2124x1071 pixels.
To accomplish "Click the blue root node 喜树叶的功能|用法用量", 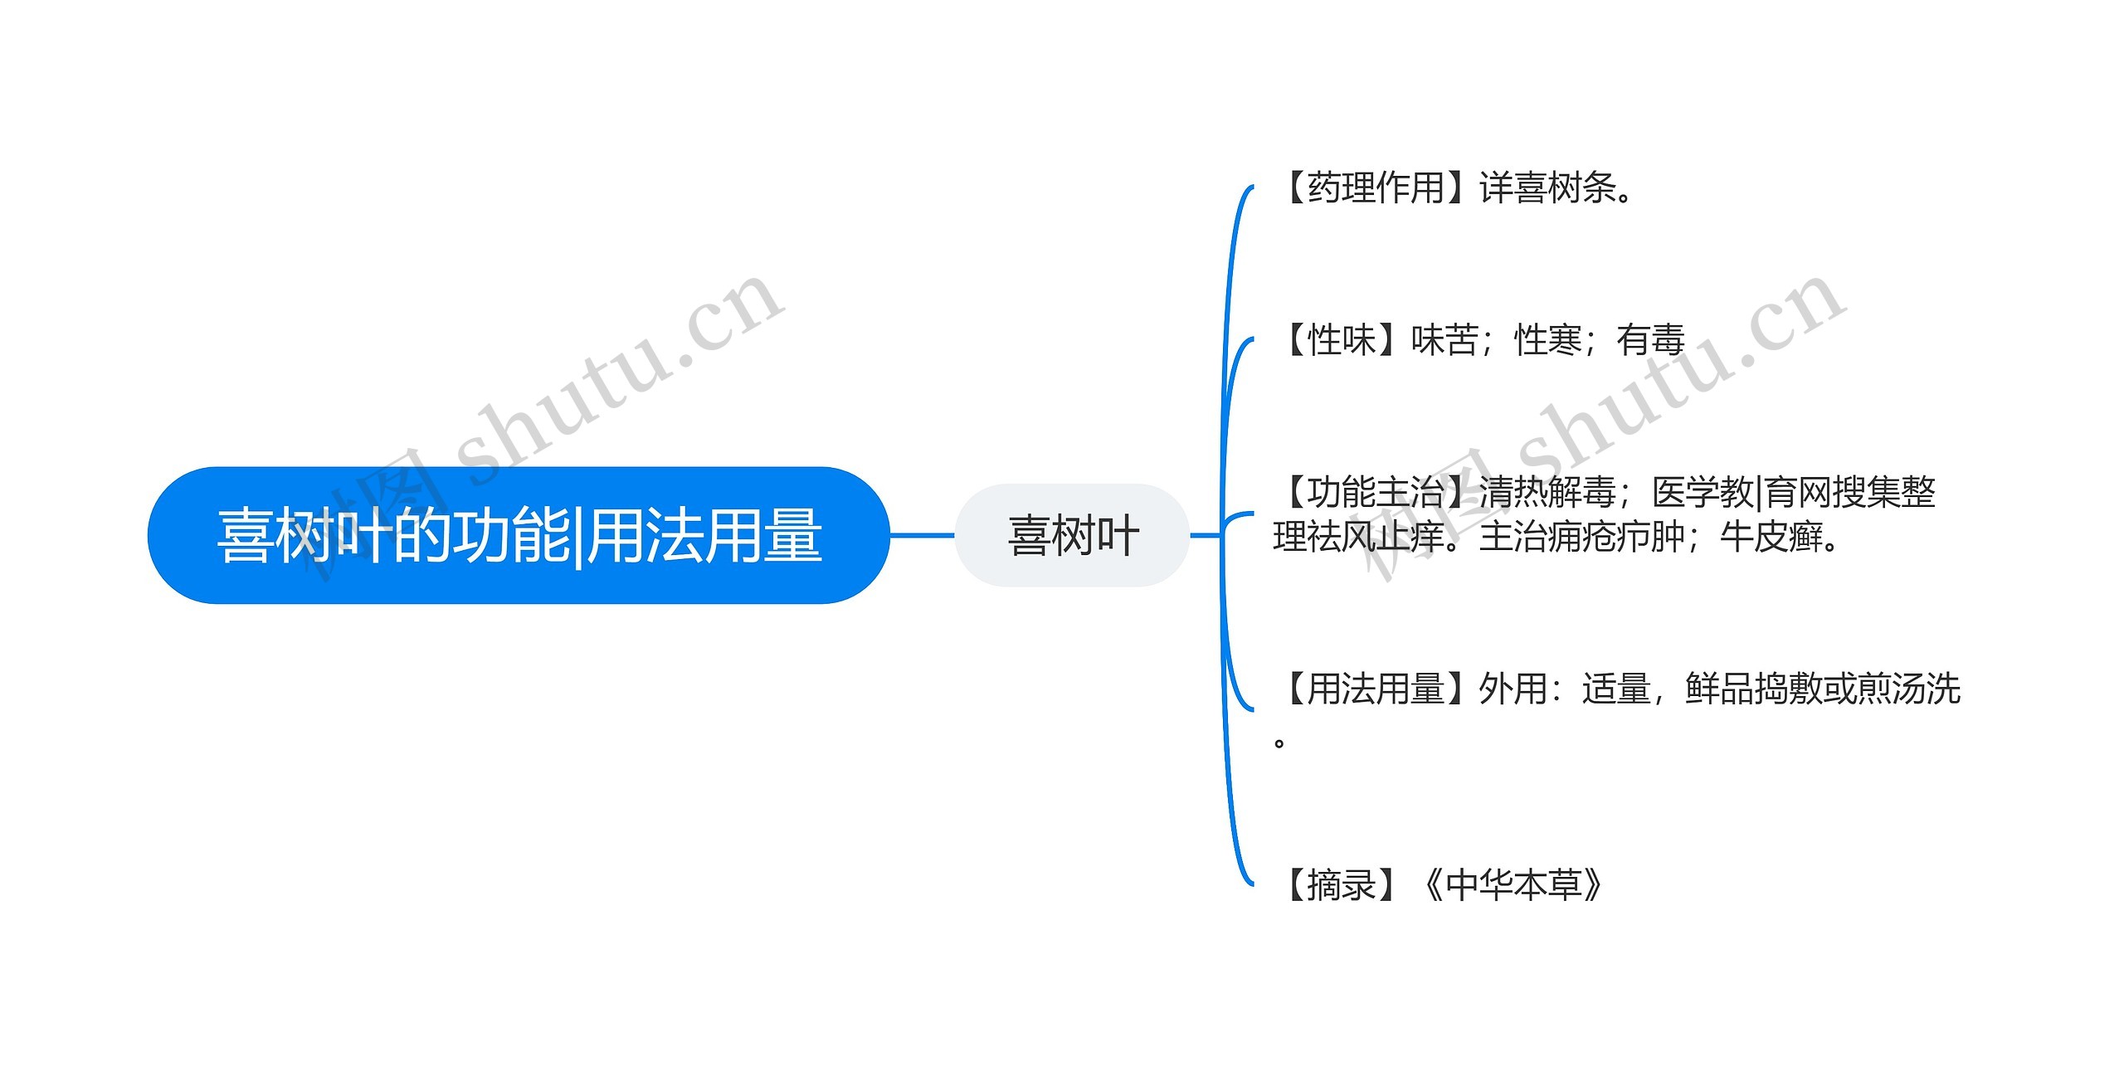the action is tap(519, 536).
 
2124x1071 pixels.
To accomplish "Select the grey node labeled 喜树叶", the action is tap(1073, 536).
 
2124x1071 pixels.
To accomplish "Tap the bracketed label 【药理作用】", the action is tap(1376, 187).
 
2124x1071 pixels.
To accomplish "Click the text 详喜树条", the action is tap(1548, 187).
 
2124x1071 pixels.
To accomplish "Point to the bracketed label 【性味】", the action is tap(1342, 340).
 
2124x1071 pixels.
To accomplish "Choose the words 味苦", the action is tap(1444, 340).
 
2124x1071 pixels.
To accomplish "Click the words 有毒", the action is tap(1650, 340).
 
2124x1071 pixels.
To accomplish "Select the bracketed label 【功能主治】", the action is tap(1376, 493).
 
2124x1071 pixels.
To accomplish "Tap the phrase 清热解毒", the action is tap(1548, 493).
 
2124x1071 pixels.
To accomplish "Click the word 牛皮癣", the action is tap(1771, 538).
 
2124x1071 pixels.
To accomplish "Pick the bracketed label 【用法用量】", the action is tap(1376, 689).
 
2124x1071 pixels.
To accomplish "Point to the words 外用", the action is tap(1513, 689).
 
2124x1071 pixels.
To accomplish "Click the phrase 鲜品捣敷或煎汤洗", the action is tap(1823, 689).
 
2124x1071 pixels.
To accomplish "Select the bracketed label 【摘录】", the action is tap(1342, 885).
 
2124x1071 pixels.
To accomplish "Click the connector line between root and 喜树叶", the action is tap(922, 536).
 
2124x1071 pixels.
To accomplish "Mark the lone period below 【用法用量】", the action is tap(1279, 742).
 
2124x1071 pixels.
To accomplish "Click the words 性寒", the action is tap(1548, 340).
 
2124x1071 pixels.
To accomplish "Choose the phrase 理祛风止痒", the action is tap(1360, 538).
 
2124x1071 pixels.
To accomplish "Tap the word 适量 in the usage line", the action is tap(1616, 689).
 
